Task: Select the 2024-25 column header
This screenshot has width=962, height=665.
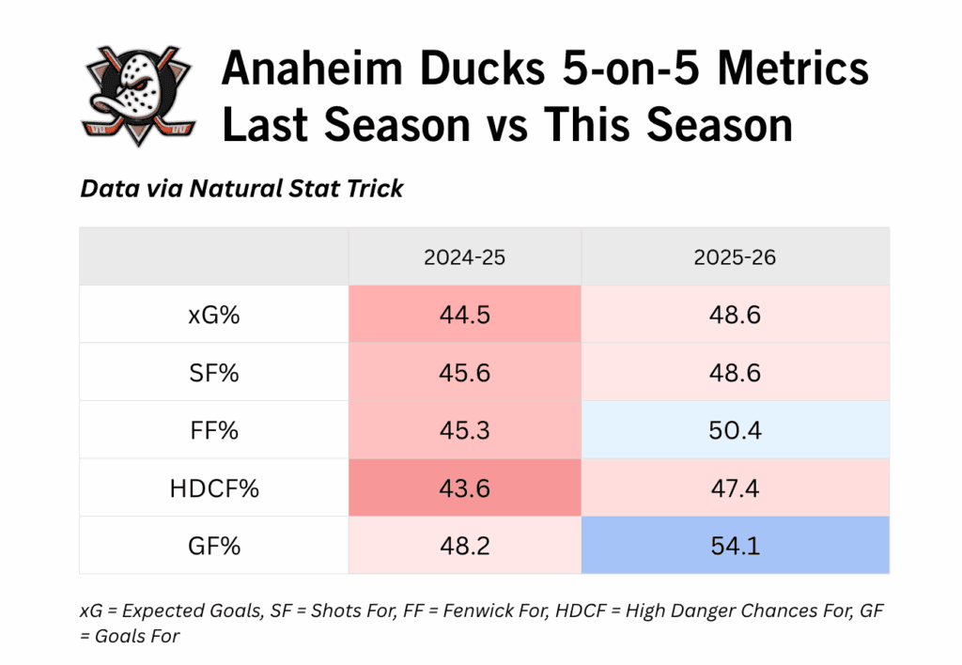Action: point(464,256)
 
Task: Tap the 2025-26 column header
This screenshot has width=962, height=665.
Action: point(735,256)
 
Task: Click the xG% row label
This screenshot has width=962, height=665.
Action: point(213,315)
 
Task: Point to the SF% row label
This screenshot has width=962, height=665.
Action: point(213,372)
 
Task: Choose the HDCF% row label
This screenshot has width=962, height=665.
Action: point(213,487)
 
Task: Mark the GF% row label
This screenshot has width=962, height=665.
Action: point(213,545)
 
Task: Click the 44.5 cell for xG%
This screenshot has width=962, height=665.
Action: point(464,315)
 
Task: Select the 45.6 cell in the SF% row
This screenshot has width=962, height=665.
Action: point(464,372)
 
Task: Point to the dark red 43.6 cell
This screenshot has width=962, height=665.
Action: point(464,487)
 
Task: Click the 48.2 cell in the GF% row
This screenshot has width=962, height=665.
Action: point(464,545)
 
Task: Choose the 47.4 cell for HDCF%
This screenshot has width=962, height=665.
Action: point(735,487)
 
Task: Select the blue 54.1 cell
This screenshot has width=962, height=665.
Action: point(735,545)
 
